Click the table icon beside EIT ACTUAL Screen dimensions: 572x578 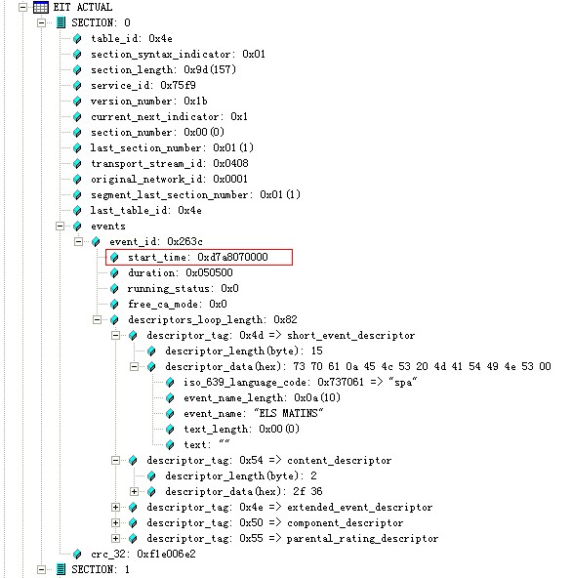click(41, 7)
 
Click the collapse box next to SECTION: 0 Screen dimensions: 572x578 click(41, 22)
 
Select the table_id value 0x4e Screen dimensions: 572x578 click(160, 39)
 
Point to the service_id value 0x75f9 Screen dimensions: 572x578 click(178, 86)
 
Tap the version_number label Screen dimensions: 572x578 click(131, 102)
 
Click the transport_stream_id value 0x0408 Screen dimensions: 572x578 click(230, 163)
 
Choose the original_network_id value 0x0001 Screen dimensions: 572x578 click(230, 179)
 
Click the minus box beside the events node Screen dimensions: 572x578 click(60, 226)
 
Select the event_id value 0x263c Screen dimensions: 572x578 click(184, 241)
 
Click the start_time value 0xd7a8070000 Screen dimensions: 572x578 click(232, 257)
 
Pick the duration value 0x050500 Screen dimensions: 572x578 click(209, 272)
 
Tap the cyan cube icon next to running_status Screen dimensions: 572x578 click(114, 289)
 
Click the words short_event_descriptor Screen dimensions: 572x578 click(350, 336)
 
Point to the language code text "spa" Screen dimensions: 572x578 click(403, 382)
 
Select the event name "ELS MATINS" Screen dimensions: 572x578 click(289, 413)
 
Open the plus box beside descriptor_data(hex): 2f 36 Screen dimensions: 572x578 click(134, 492)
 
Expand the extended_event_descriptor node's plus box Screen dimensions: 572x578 click(115, 508)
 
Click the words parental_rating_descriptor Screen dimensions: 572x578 click(362, 539)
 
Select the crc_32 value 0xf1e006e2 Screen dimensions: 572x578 click(166, 554)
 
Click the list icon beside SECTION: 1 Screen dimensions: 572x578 click(61, 569)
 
